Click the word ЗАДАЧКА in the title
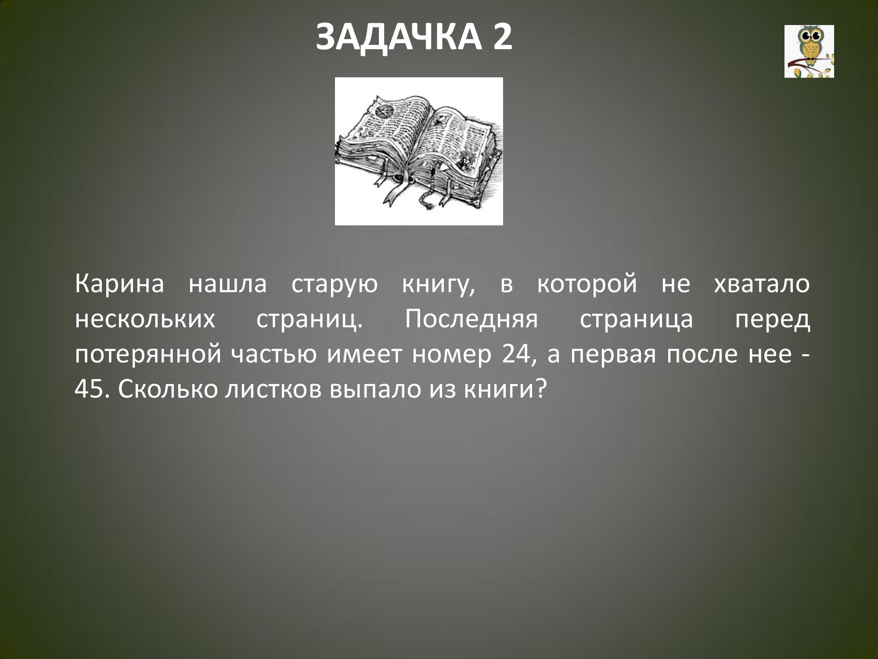pyautogui.click(x=397, y=37)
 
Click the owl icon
pyautogui.click(x=809, y=51)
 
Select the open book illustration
pyautogui.click(x=419, y=151)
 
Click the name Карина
pyautogui.click(x=119, y=284)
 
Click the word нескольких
pyautogui.click(x=145, y=320)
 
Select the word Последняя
pyautogui.click(x=471, y=320)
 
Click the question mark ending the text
pyautogui.click(x=541, y=390)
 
